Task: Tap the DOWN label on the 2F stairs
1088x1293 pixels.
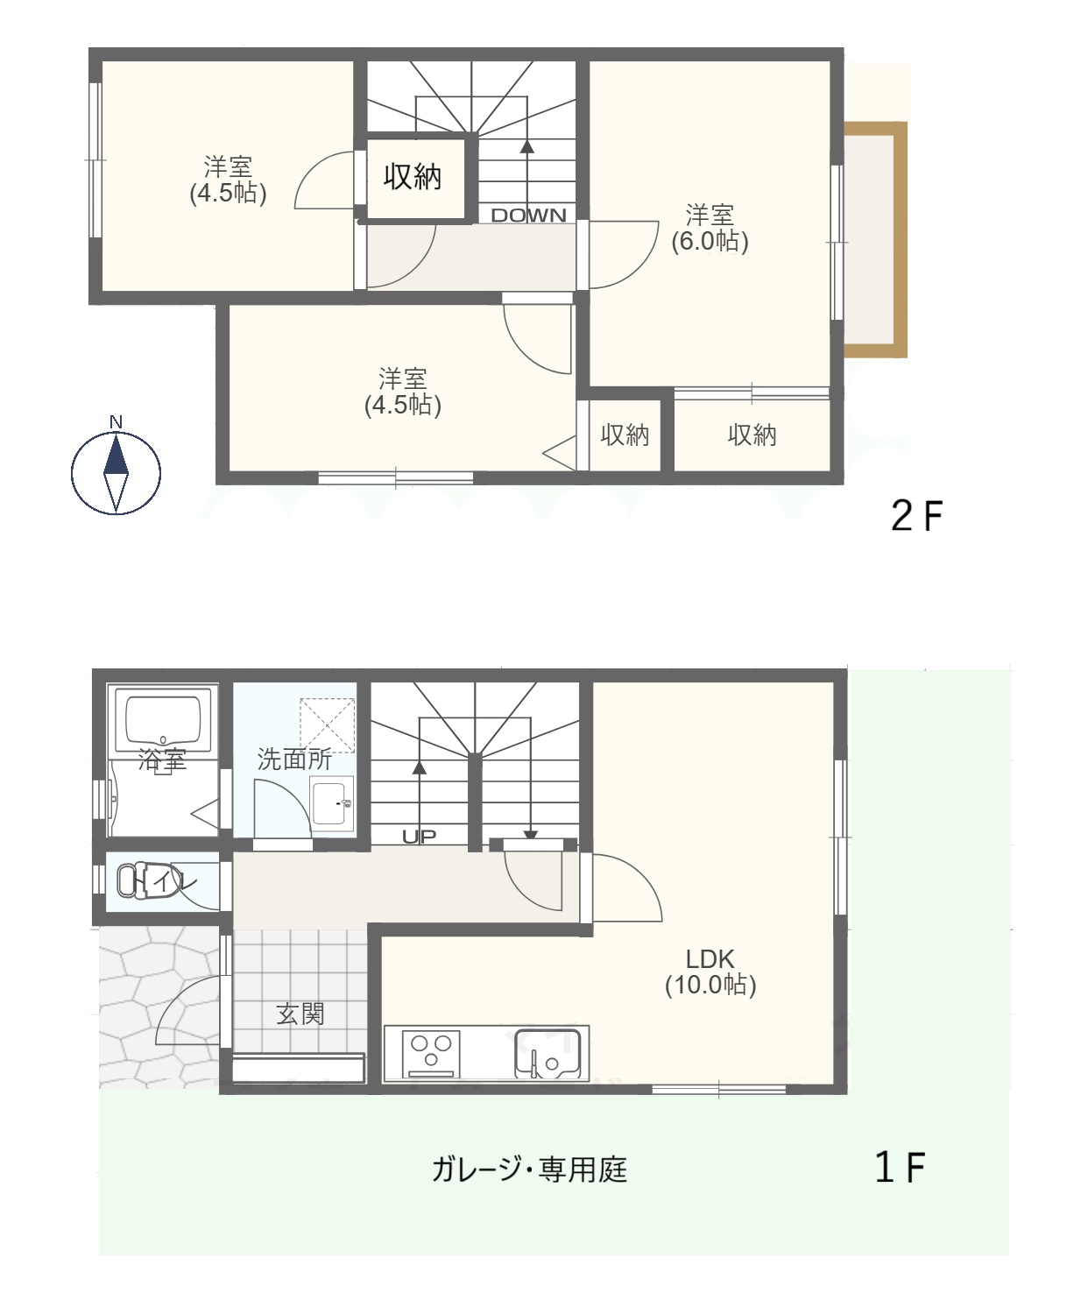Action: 528,215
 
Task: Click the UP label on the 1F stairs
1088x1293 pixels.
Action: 419,837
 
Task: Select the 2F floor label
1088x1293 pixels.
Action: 915,518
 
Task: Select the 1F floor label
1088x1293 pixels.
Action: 900,1168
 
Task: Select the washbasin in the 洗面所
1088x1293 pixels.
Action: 332,802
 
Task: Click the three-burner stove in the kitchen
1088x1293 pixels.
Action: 431,1051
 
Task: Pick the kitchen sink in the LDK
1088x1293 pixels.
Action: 547,1053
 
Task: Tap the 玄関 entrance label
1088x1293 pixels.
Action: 300,1014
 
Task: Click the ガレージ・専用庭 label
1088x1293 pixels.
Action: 529,1169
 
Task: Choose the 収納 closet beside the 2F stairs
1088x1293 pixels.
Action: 413,178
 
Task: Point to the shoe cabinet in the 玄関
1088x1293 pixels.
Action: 298,1069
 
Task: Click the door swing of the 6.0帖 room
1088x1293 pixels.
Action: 622,254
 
